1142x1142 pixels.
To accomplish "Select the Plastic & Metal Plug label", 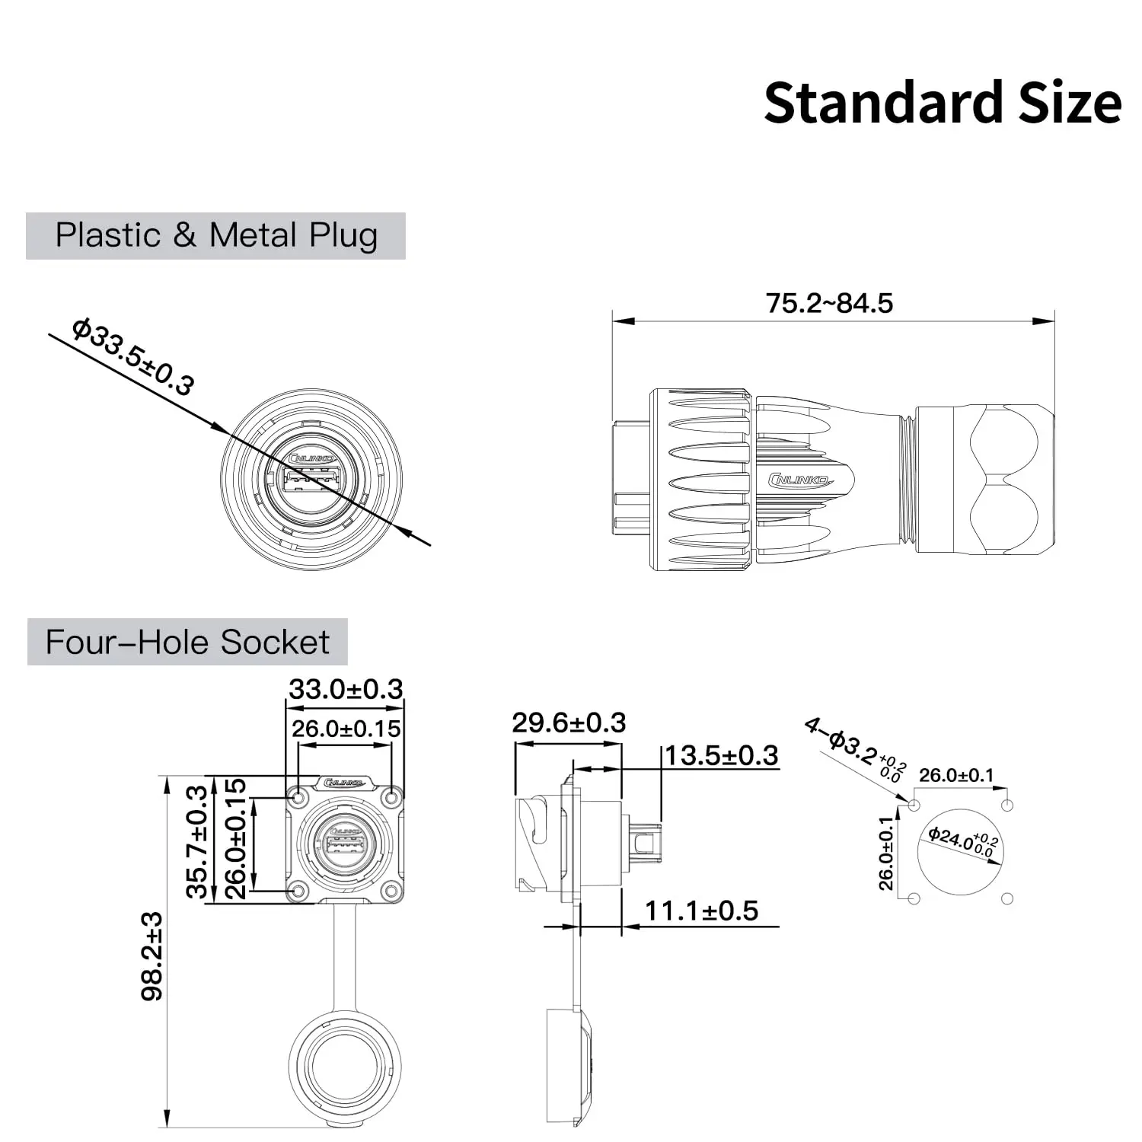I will [x=216, y=235].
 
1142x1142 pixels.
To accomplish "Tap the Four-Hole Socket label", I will [x=187, y=642].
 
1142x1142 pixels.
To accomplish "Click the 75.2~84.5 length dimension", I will [x=829, y=303].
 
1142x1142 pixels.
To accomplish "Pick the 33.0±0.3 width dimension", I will [x=346, y=689].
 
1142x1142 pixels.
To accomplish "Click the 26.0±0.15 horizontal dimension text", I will [x=346, y=729].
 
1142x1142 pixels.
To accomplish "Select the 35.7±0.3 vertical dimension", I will [x=197, y=841].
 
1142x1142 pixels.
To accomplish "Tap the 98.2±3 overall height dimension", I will [x=153, y=955].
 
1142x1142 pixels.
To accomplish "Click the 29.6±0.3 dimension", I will [x=569, y=723].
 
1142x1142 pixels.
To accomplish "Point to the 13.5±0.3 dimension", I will [x=721, y=755].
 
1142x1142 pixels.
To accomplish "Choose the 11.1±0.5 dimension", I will [x=701, y=911].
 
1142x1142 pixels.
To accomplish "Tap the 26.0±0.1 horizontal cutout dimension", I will [x=956, y=775].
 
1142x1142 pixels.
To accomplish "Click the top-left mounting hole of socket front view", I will [x=298, y=798].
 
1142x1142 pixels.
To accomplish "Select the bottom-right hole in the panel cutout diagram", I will [x=1008, y=898].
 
